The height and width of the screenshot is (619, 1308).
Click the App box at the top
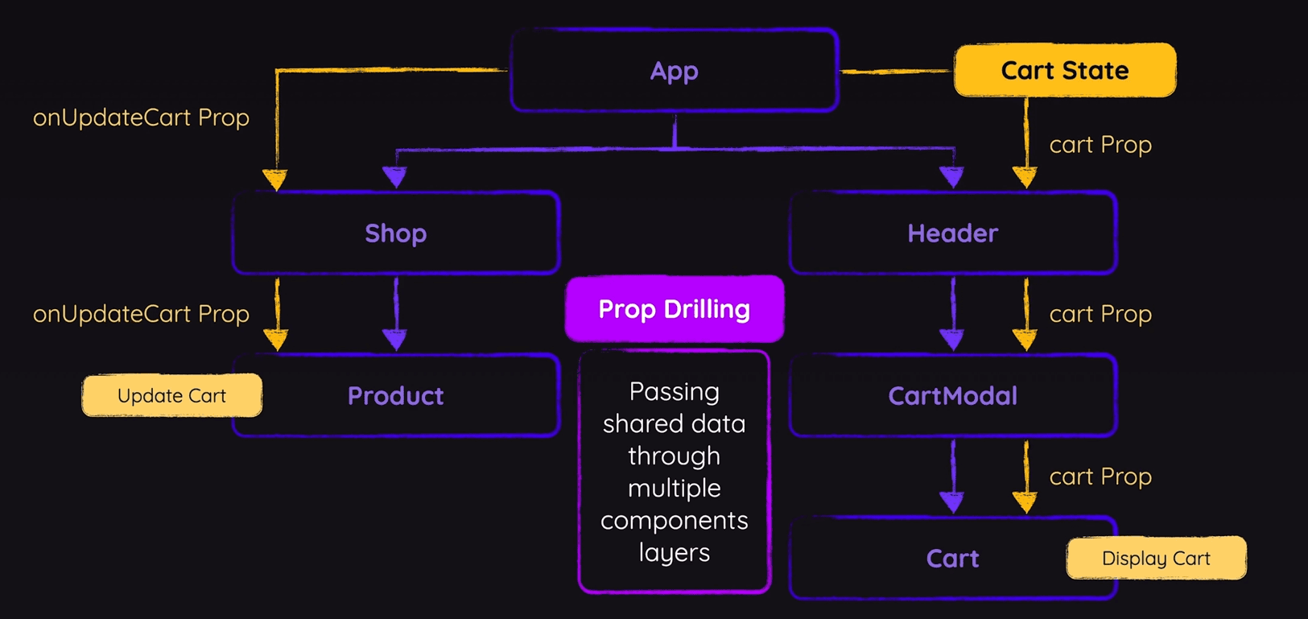675,71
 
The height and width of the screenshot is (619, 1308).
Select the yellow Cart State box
1064,71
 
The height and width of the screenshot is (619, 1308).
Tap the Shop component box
395,233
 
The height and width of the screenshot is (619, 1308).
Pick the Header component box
952,233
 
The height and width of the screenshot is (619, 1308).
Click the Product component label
395,396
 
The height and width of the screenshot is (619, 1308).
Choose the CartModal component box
952,396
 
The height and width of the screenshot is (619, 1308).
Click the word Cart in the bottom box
952,559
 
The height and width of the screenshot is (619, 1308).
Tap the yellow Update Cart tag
171,396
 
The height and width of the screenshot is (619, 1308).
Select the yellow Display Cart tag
1156,559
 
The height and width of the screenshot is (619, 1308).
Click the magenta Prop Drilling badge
675,309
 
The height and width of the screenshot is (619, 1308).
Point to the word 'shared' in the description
640,424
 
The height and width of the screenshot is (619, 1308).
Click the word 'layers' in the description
675,553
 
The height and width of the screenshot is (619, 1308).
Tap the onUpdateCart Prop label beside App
141,118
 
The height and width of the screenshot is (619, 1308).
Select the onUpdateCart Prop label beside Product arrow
141,314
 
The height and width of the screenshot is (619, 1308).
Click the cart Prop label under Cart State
1100,145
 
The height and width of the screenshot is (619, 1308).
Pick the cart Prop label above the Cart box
1100,477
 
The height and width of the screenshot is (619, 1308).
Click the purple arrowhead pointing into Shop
394,176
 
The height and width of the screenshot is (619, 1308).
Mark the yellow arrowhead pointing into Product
276,340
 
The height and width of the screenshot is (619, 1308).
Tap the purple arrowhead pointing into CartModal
952,340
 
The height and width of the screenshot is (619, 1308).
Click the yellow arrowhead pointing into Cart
1025,503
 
